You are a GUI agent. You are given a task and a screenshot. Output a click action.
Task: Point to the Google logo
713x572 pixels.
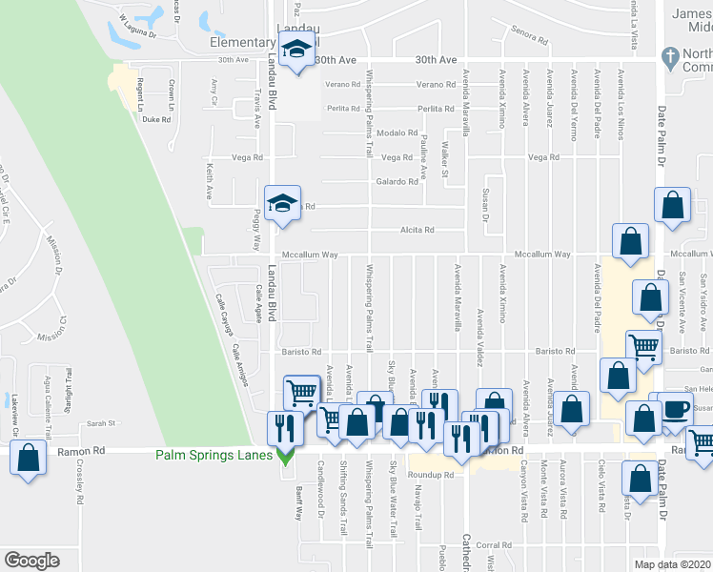(x=31, y=561)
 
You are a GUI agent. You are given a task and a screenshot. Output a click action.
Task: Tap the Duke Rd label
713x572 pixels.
(x=155, y=120)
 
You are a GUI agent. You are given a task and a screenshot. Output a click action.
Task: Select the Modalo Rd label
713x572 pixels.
(x=397, y=133)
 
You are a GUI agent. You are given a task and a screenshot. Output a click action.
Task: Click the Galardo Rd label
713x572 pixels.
(x=397, y=181)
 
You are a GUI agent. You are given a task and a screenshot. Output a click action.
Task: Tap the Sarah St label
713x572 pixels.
(x=100, y=422)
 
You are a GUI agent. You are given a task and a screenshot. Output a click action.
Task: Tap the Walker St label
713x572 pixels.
(x=445, y=159)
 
